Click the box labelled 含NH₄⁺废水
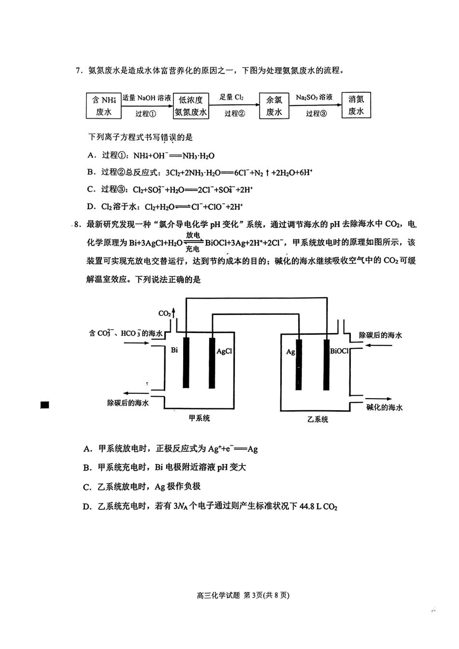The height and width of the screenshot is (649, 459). tap(103, 106)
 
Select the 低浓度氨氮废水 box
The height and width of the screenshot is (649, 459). tap(191, 106)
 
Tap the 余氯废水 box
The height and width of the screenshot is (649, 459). tap(274, 106)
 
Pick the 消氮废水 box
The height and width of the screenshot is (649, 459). tap(356, 105)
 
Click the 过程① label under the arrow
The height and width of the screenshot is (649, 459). tap(145, 114)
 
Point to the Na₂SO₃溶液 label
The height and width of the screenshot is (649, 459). tap(314, 97)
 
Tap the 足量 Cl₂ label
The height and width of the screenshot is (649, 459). tap(231, 97)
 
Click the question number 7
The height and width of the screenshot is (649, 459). tap(78, 71)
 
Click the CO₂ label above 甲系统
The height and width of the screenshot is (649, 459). tap(165, 314)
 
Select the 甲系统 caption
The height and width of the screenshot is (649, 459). tap(199, 418)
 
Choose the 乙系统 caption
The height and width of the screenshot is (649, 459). tap(317, 419)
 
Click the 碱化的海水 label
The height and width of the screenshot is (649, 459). tap(384, 407)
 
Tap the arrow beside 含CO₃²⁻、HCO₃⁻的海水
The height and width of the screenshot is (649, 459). tap(137, 343)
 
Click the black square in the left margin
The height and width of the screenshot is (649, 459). tap(45, 405)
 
